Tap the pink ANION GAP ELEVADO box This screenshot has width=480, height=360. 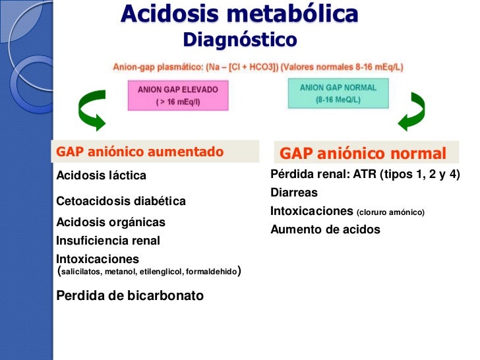pos(177,95)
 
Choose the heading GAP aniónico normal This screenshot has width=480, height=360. pos(363,154)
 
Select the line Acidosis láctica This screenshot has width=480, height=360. pos(102,175)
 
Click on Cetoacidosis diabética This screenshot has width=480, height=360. pos(121,200)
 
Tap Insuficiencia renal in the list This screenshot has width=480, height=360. pos(108,241)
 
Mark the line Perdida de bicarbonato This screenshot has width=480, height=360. pos(131,295)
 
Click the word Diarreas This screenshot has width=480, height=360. pos(294,193)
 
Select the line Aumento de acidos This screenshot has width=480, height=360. pos(325,230)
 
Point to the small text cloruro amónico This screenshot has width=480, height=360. pos(391,212)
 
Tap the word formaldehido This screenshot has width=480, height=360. pos(212,272)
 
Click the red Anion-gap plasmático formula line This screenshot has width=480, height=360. pos(258,67)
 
